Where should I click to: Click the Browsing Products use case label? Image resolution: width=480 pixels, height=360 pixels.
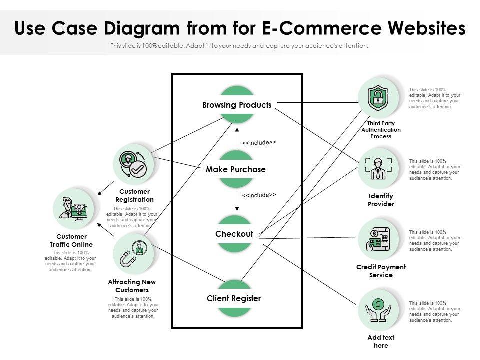(x=236, y=105)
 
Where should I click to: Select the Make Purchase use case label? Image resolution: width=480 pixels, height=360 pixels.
(x=235, y=170)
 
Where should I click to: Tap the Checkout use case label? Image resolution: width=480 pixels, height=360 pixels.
(x=234, y=234)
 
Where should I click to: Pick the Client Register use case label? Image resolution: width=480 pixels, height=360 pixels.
(x=234, y=299)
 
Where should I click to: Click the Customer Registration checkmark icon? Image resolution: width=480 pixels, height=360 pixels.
(x=132, y=164)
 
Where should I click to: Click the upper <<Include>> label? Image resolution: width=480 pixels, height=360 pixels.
(x=259, y=143)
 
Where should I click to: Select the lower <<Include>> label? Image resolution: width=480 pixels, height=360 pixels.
(x=259, y=195)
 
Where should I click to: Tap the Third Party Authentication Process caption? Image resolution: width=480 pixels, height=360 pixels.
(x=381, y=130)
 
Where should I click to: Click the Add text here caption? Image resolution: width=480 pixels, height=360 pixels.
(x=381, y=342)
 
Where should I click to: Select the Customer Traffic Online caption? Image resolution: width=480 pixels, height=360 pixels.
(x=71, y=240)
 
